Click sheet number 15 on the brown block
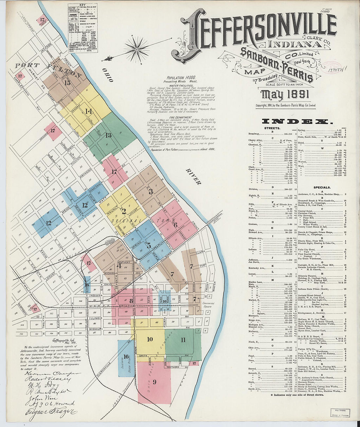(x=67, y=82)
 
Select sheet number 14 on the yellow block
(x=88, y=111)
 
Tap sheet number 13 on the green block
(x=108, y=135)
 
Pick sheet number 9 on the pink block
(x=154, y=382)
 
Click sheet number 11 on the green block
(x=183, y=339)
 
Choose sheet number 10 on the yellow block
(x=150, y=339)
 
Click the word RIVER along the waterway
(x=193, y=177)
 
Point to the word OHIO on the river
(x=108, y=75)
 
